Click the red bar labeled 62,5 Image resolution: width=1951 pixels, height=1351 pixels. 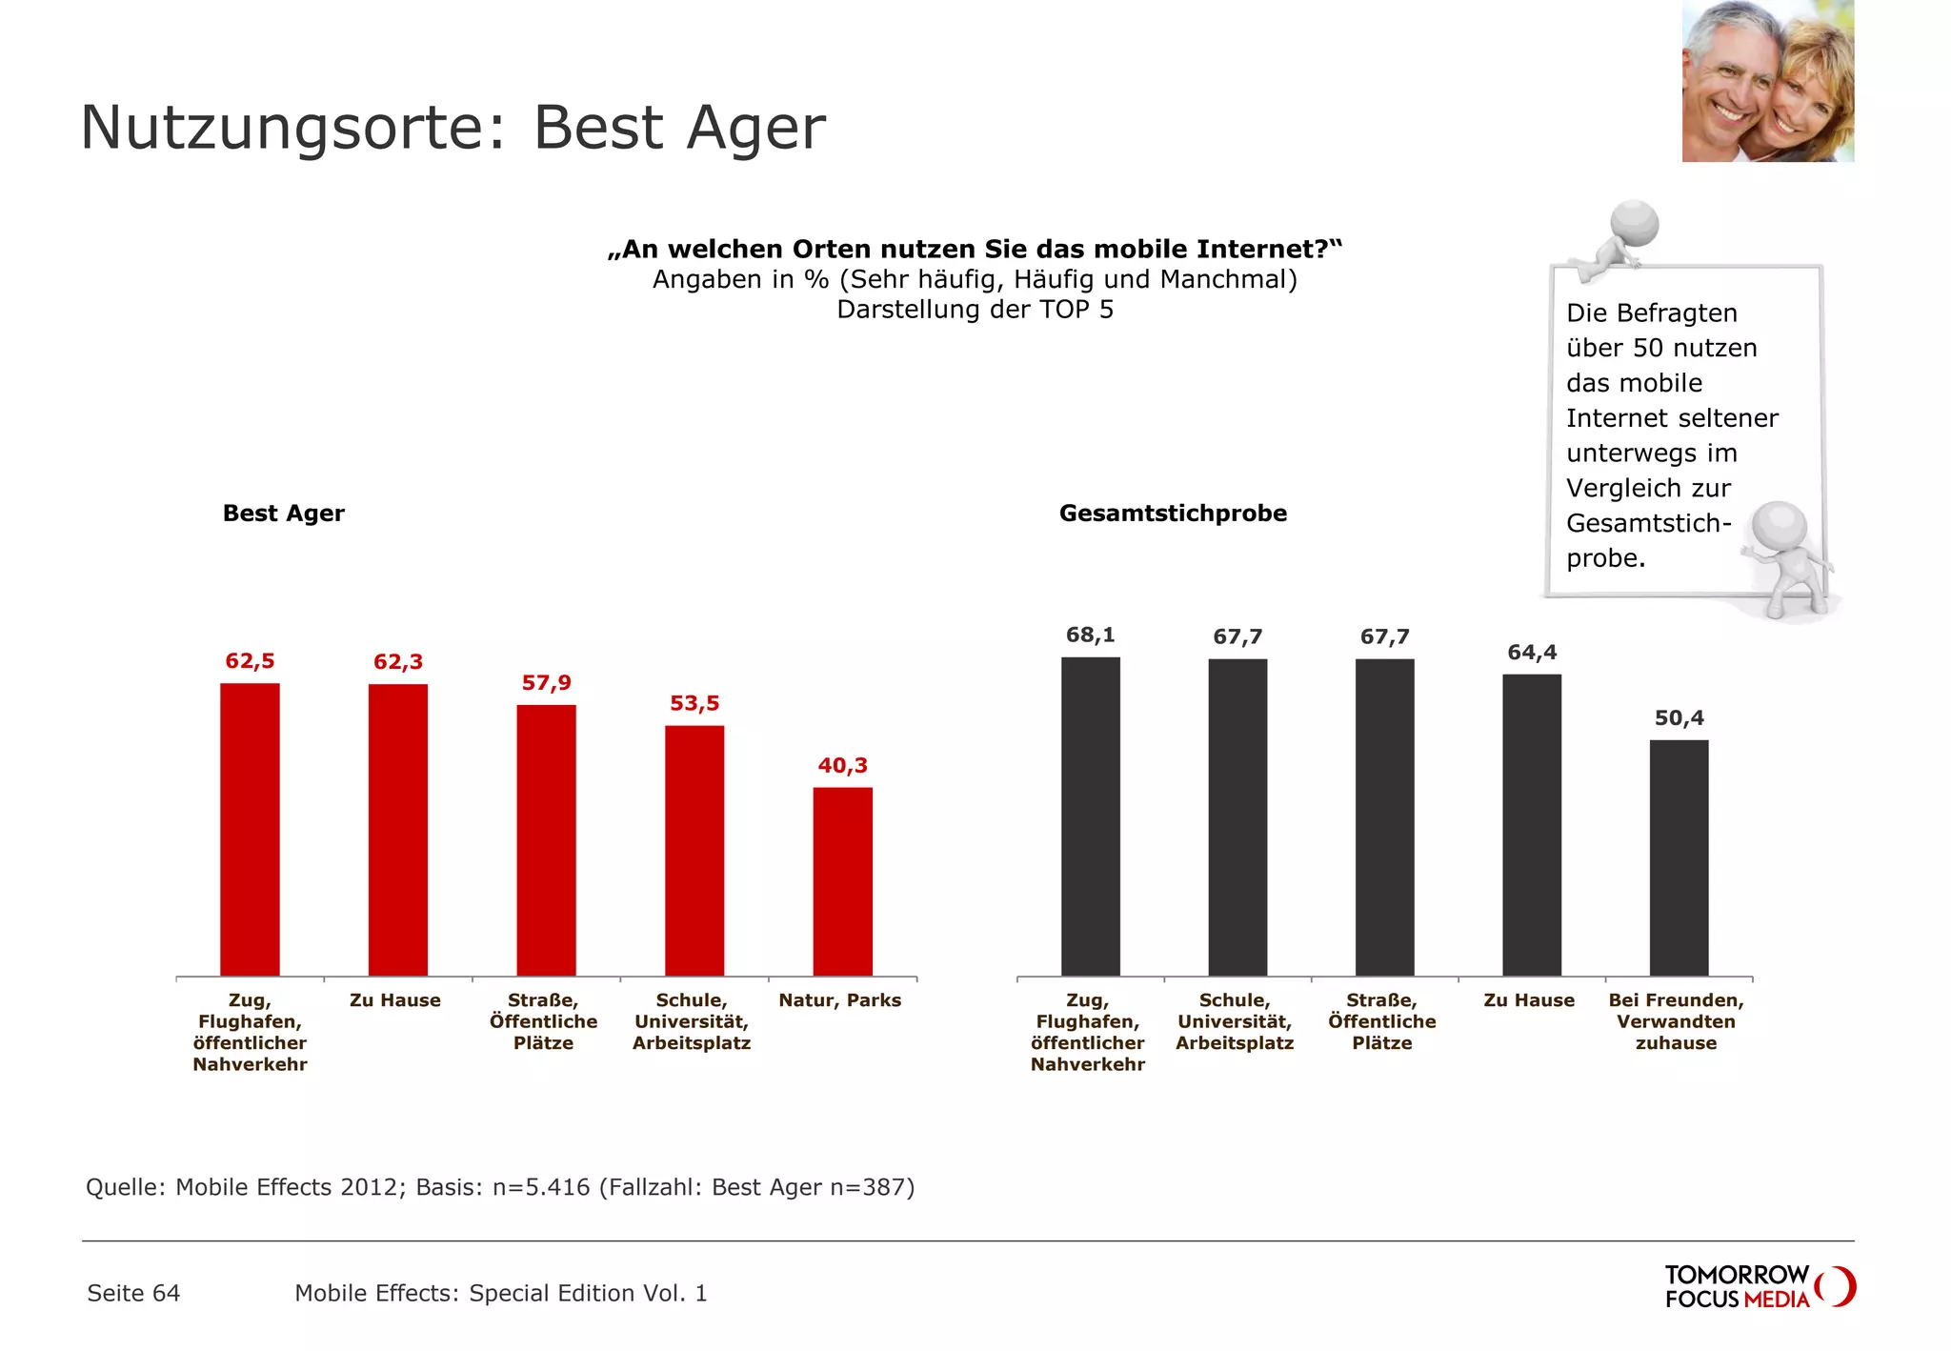[250, 829]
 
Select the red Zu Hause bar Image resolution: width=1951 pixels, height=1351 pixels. [398, 829]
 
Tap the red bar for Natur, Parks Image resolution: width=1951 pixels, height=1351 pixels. [842, 881]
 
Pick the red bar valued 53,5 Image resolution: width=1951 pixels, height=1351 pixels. [694, 850]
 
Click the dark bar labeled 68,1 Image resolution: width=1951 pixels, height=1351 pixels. [1090, 817]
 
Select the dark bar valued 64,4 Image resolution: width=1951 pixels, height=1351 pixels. [1532, 825]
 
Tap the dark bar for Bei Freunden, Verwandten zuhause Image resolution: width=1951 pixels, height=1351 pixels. [1679, 857]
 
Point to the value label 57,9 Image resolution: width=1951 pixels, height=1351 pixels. [546, 683]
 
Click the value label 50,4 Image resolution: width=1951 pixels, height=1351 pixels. [1679, 718]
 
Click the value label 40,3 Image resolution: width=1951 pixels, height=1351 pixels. [842, 766]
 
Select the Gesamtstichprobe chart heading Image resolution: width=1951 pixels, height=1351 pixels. [1173, 514]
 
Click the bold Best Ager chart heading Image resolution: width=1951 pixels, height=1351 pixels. [283, 514]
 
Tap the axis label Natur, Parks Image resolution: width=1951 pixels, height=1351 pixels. [839, 1000]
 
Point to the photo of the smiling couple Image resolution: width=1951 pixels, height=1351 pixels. [1767, 81]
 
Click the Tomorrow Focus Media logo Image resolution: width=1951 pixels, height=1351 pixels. [1759, 1287]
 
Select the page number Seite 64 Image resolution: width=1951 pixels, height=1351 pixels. [133, 1293]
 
